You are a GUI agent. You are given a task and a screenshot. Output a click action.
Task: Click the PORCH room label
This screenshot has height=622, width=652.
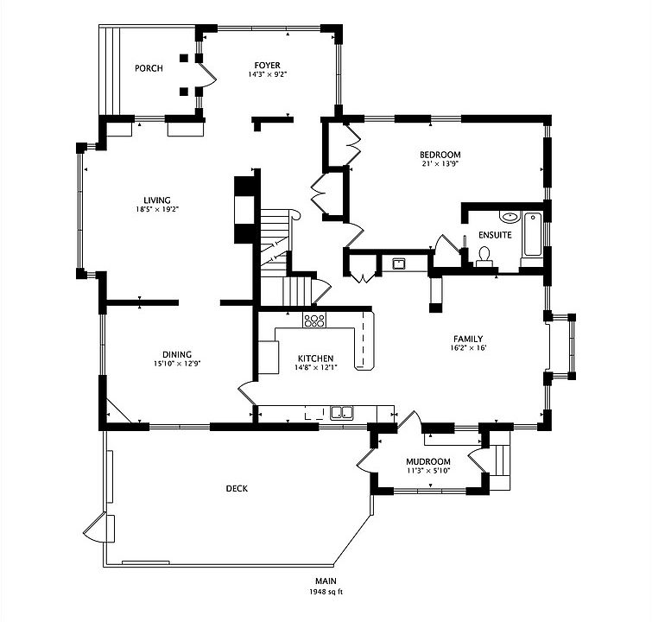pyautogui.click(x=149, y=68)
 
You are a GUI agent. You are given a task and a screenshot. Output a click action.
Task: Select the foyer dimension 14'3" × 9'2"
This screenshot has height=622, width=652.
pyautogui.click(x=266, y=75)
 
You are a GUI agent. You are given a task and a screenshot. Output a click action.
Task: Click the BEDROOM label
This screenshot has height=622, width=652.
pyautogui.click(x=440, y=155)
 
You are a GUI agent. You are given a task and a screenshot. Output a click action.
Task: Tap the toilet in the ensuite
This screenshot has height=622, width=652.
pyautogui.click(x=484, y=254)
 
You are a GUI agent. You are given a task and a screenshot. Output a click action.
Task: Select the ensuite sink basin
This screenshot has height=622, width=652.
pyautogui.click(x=510, y=218)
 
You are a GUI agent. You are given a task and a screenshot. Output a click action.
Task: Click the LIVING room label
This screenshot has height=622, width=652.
pyautogui.click(x=157, y=200)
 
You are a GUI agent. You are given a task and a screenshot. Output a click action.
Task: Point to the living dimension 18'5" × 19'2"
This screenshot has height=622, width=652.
pyautogui.click(x=157, y=209)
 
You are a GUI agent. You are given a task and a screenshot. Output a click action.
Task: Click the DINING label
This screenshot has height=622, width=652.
pyautogui.click(x=176, y=353)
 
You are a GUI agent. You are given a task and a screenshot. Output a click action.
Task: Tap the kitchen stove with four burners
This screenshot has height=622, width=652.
pyautogui.click(x=313, y=321)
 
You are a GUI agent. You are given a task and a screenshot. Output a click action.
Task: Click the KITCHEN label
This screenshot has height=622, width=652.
pyautogui.click(x=315, y=359)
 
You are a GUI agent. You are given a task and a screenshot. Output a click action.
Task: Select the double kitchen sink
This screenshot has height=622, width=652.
pyautogui.click(x=342, y=412)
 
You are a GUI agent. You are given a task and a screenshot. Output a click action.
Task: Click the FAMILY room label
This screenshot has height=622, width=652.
pyautogui.click(x=467, y=339)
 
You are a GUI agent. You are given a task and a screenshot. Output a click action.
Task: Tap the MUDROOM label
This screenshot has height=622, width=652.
pyautogui.click(x=428, y=461)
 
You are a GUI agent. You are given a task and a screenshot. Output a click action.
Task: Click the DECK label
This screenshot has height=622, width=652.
pyautogui.click(x=237, y=489)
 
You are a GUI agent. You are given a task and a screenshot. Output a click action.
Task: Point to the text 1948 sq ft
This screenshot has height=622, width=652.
pyautogui.click(x=326, y=593)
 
